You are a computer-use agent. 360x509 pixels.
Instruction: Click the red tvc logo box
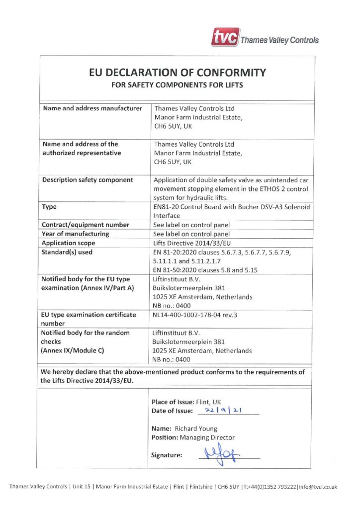click(x=224, y=38)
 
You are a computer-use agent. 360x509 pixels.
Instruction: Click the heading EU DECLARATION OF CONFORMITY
click(x=177, y=73)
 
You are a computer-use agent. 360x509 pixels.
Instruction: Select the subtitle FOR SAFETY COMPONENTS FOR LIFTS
click(x=177, y=85)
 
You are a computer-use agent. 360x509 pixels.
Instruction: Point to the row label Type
click(x=50, y=206)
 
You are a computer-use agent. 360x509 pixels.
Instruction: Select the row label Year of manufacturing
click(x=76, y=234)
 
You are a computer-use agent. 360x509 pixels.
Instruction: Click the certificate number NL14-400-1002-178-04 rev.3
click(x=200, y=315)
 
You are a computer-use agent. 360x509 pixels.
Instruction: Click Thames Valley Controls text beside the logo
click(x=279, y=40)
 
